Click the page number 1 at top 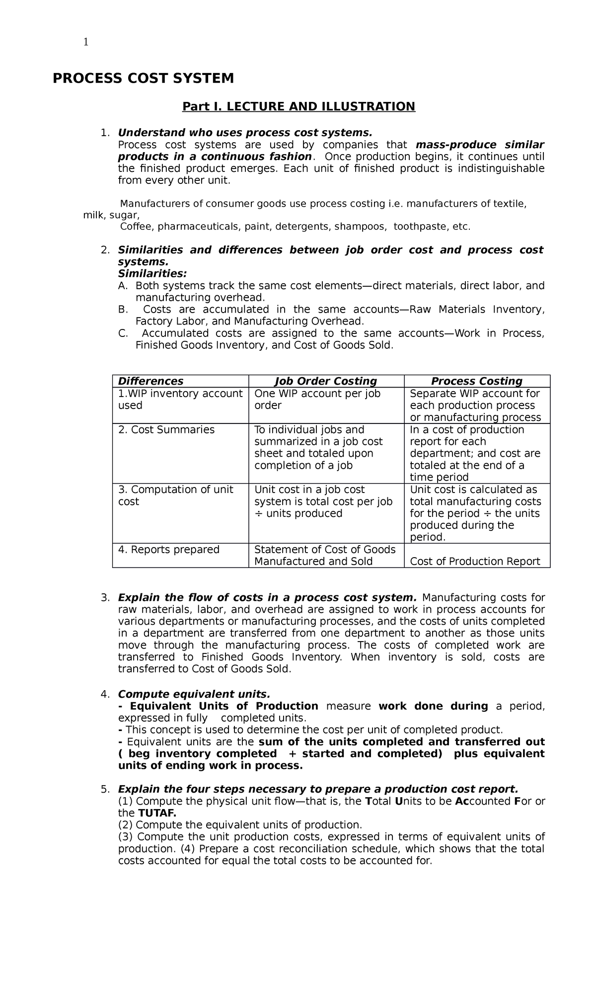[x=86, y=42]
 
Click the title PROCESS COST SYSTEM [x=143, y=79]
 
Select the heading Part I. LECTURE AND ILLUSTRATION [x=298, y=106]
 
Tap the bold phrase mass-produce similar [x=480, y=145]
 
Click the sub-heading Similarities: [x=152, y=274]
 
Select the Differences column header [x=150, y=381]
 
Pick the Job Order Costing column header [x=326, y=381]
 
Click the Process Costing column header [x=476, y=381]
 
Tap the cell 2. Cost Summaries [x=166, y=430]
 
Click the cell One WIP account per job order [x=317, y=400]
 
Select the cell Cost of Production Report [x=475, y=562]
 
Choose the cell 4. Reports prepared [x=169, y=550]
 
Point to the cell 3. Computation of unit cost [x=175, y=495]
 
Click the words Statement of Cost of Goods [x=325, y=550]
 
